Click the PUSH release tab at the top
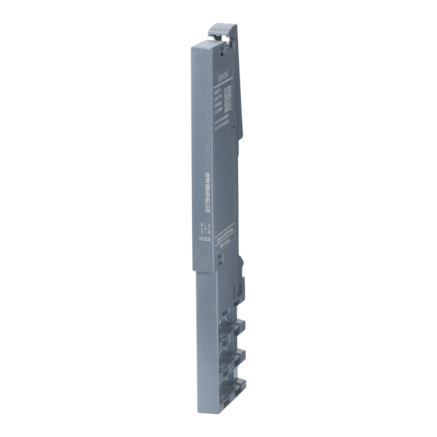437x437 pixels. (x=223, y=30)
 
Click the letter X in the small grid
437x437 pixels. (x=201, y=225)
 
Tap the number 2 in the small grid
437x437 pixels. (x=209, y=225)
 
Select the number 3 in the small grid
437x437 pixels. (x=201, y=231)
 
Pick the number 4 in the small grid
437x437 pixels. (x=209, y=231)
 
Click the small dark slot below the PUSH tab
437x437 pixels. (x=223, y=53)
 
